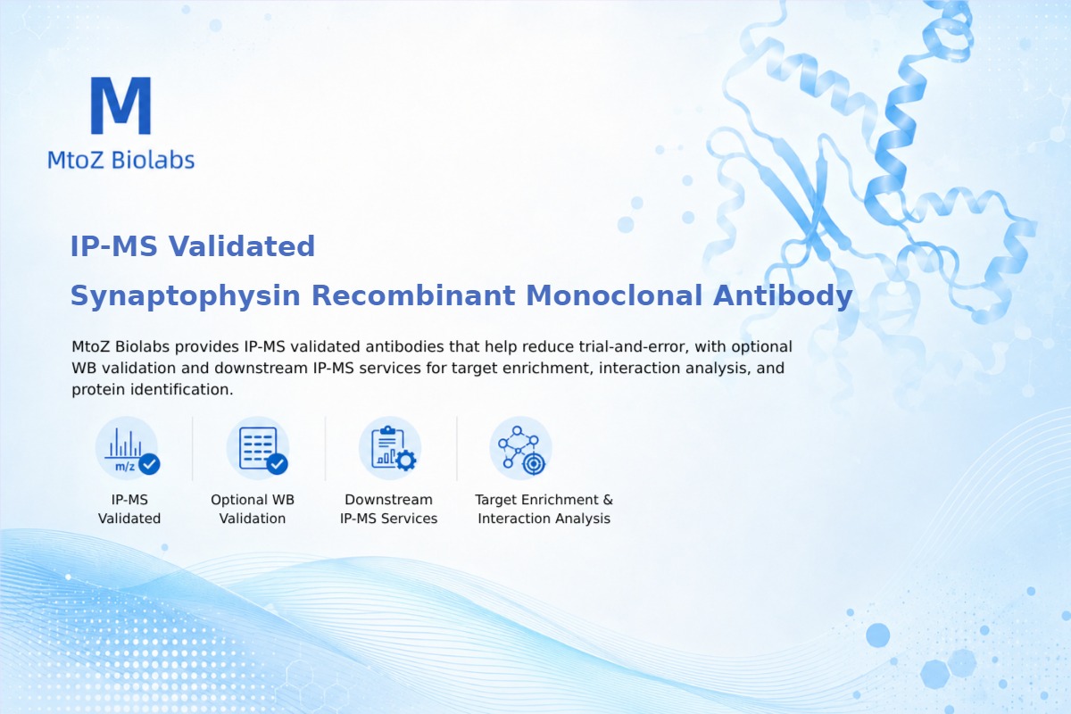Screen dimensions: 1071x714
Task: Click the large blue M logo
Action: (x=121, y=105)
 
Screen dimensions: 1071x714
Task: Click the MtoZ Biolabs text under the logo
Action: (x=121, y=160)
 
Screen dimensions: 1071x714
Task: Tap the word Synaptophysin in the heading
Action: (x=186, y=296)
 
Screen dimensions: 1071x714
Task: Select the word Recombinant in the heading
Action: (x=413, y=295)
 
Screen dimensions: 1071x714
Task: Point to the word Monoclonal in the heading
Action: (x=614, y=295)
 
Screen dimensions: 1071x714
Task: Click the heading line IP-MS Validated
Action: (x=192, y=246)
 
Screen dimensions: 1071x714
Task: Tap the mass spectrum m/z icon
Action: (x=127, y=448)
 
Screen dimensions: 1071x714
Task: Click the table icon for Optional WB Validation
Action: (x=258, y=448)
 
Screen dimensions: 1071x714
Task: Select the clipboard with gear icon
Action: (x=390, y=448)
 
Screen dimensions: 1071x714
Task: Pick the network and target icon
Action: (x=520, y=448)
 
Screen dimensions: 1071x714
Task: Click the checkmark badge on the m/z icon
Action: (x=149, y=464)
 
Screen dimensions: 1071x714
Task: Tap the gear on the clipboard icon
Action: (x=406, y=461)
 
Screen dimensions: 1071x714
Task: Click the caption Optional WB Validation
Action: (x=253, y=509)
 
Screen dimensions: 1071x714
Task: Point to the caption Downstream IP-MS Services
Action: (x=389, y=509)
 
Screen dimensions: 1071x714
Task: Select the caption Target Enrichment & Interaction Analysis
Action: (x=544, y=509)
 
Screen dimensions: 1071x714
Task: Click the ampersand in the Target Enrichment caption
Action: (x=608, y=500)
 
